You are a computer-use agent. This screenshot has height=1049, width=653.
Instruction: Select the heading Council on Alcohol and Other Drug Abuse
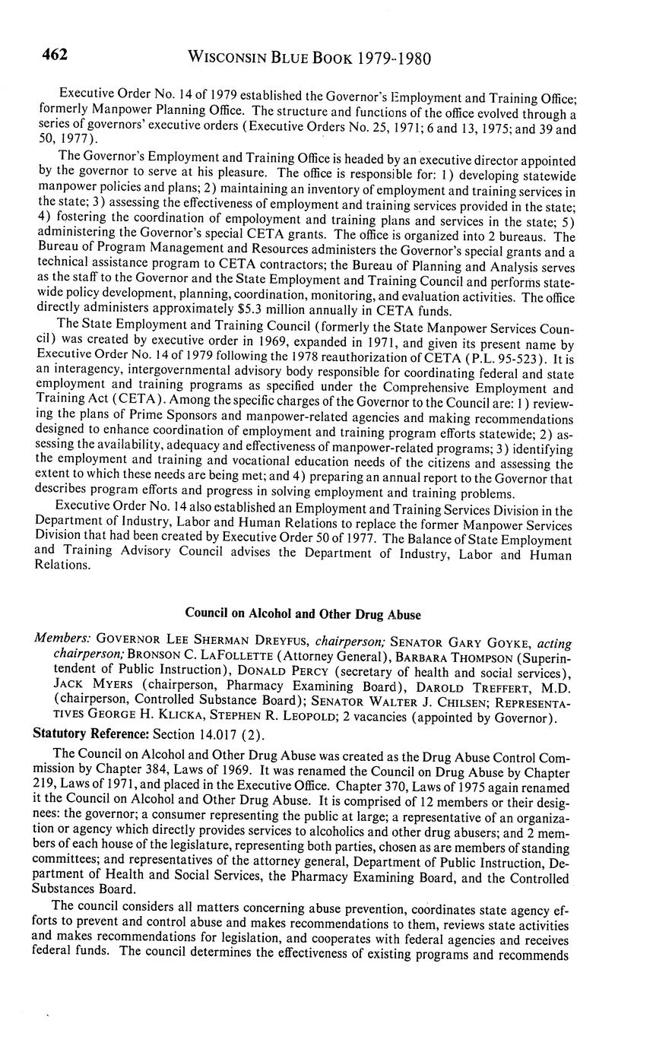(303, 614)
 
